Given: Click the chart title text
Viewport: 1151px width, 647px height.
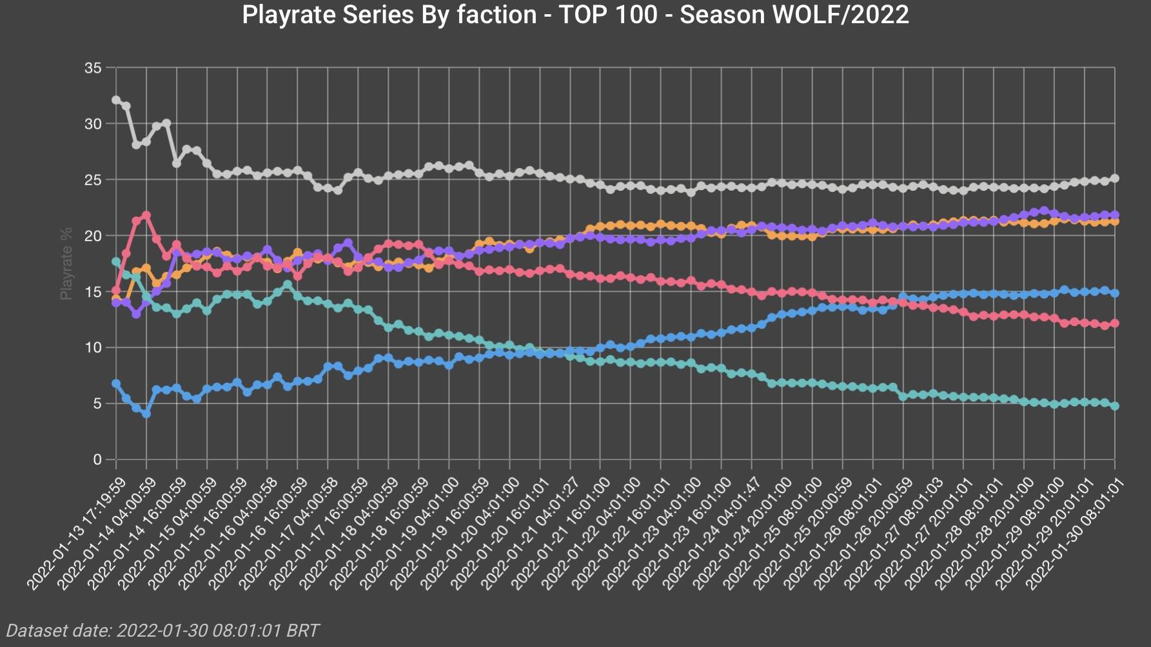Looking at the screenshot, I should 575,14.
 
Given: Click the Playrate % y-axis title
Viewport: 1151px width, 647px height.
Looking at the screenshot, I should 66,263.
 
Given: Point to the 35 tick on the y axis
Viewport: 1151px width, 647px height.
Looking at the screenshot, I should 93,68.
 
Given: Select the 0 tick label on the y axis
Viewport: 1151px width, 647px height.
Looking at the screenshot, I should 97,459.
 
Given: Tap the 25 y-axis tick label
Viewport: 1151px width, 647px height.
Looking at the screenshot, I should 93,180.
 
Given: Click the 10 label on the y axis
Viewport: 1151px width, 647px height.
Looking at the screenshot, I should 93,347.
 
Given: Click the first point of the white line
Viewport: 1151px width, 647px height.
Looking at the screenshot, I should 116,100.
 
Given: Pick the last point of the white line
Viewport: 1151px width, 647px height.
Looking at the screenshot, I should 1115,179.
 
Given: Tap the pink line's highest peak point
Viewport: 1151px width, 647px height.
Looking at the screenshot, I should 146,215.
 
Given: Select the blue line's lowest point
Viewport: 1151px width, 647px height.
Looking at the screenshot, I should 146,414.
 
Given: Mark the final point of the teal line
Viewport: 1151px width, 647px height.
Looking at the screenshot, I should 1115,406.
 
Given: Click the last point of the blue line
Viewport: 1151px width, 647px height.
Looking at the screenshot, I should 1115,293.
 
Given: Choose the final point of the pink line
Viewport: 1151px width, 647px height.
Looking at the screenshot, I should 1115,323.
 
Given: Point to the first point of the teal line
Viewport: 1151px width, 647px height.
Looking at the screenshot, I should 116,262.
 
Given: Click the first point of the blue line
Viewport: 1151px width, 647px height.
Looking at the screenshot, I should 116,383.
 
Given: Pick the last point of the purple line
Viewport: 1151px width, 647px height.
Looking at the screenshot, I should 1115,215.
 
